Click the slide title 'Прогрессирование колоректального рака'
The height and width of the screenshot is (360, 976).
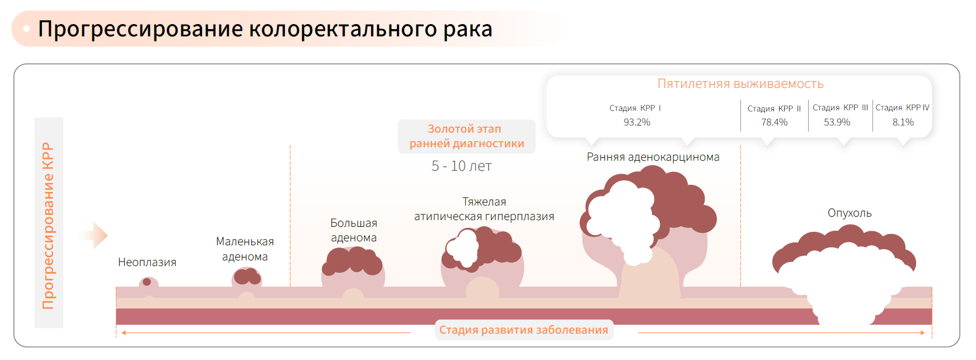click(265, 29)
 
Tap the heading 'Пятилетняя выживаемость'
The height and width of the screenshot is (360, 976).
click(740, 84)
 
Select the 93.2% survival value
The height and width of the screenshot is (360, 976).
click(637, 122)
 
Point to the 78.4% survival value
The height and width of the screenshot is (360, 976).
click(774, 122)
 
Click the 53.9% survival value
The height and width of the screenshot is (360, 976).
click(837, 122)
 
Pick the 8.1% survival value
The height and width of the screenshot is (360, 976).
click(903, 122)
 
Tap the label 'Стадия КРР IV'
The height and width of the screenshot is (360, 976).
click(902, 107)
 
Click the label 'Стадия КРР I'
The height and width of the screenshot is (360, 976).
click(635, 108)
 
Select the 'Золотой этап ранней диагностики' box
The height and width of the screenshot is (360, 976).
click(467, 136)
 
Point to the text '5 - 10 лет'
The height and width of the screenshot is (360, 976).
click(462, 166)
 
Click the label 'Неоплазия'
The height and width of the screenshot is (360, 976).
click(147, 262)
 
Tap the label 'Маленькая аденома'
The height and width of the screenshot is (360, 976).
click(245, 249)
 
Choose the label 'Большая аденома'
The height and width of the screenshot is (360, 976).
click(354, 230)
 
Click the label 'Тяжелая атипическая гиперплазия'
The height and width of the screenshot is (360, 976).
click(484, 209)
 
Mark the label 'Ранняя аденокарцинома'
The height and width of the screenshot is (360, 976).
click(653, 157)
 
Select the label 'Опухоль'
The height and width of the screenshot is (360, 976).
click(850, 213)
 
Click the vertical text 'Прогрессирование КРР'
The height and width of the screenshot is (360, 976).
click(48, 225)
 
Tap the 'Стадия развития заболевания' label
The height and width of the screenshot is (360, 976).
click(524, 330)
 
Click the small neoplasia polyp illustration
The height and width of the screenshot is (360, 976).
click(148, 284)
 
